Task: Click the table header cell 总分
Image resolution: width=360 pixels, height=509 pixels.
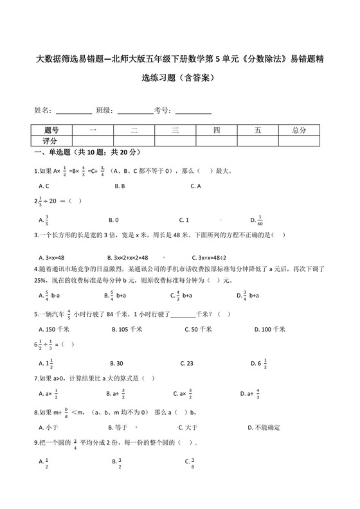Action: (x=298, y=130)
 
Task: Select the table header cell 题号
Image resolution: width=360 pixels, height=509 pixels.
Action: (x=51, y=130)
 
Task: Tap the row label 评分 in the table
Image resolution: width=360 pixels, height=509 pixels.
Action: (x=51, y=140)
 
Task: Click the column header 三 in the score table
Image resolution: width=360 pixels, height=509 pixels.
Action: (x=175, y=130)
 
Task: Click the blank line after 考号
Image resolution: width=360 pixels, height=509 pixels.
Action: (x=193, y=111)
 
